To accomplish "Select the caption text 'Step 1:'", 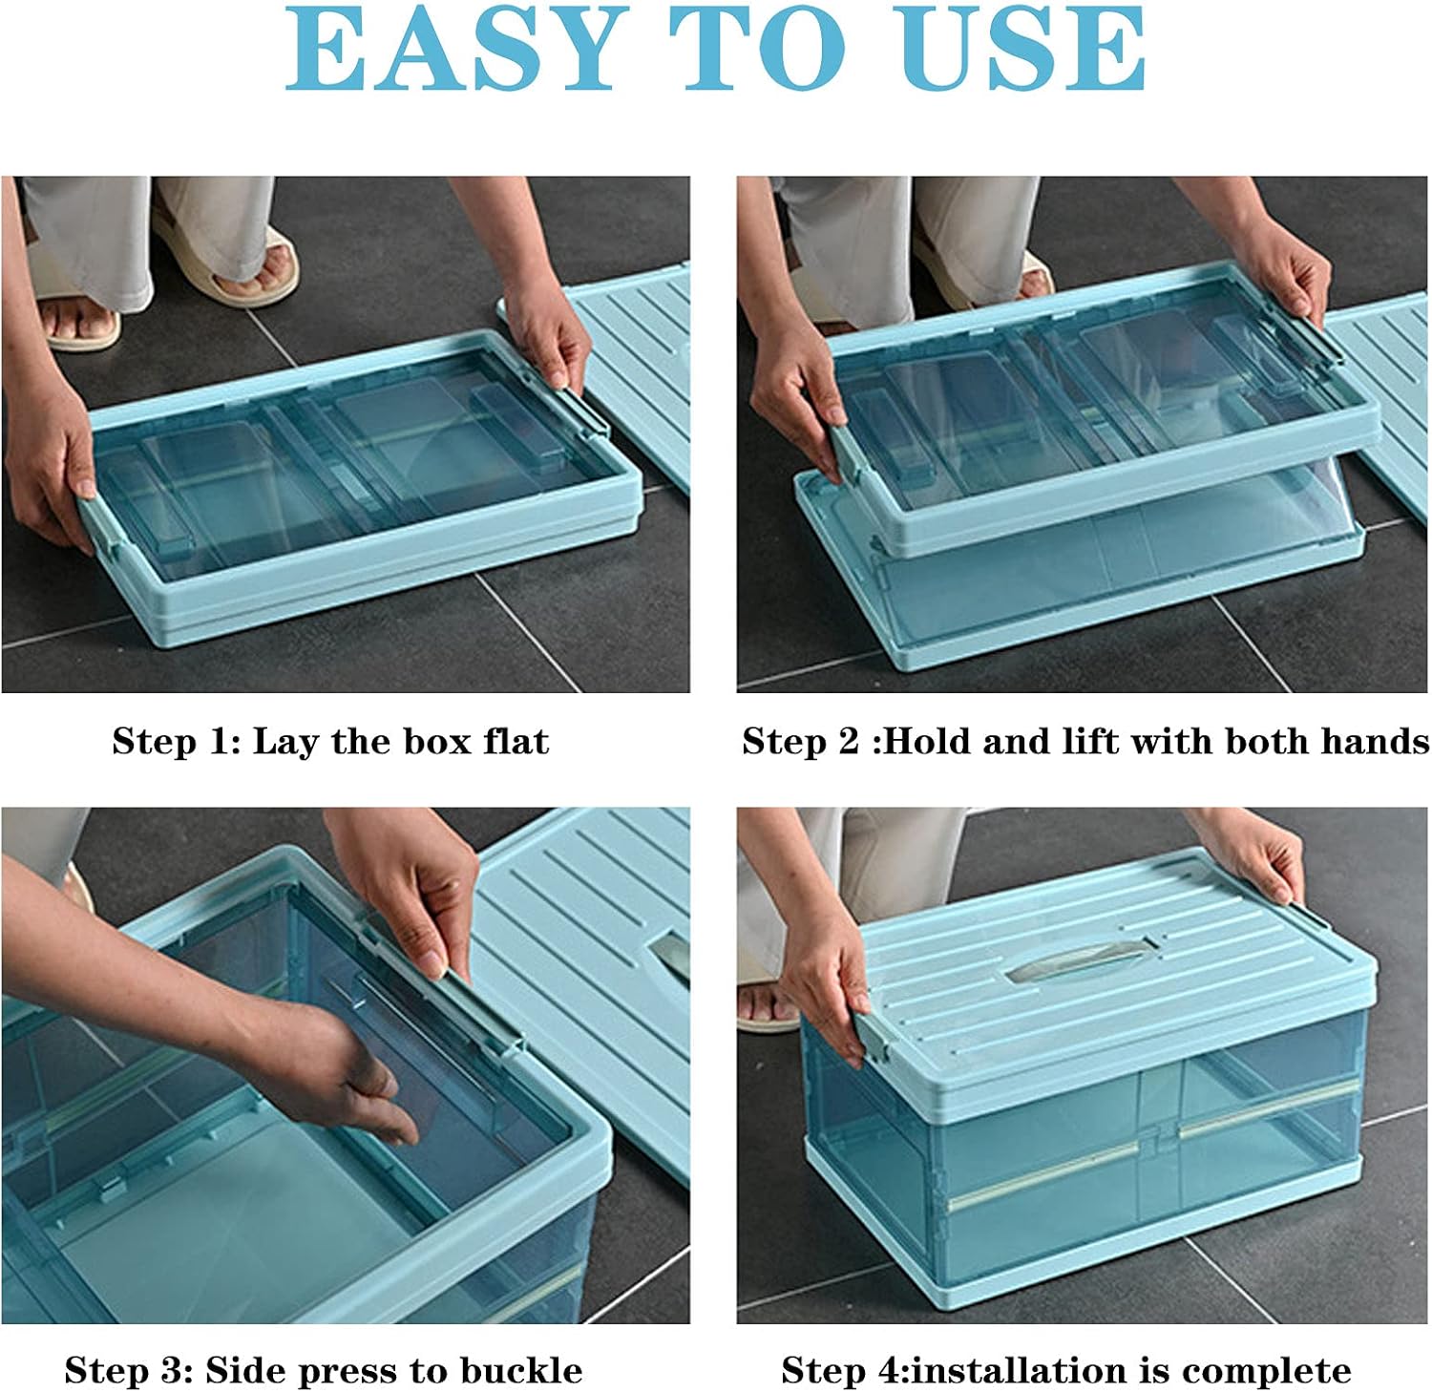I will pyautogui.click(x=177, y=742).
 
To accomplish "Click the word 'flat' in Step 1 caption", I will pyautogui.click(x=516, y=742).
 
